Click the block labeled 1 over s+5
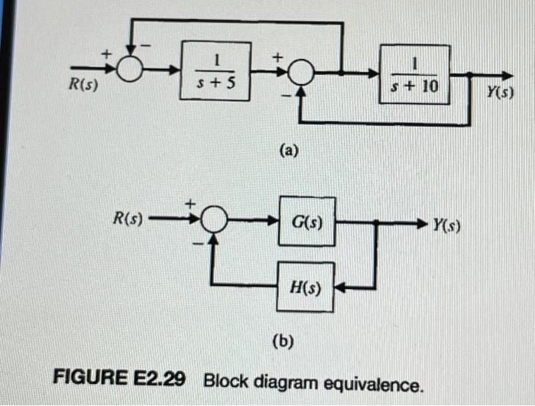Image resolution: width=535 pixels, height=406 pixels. click(x=216, y=71)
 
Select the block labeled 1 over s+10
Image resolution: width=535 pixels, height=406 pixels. click(x=415, y=75)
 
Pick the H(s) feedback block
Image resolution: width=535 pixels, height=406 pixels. click(x=306, y=289)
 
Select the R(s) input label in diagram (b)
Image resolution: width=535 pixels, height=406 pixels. click(x=128, y=219)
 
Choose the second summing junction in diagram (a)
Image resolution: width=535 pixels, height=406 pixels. click(x=302, y=73)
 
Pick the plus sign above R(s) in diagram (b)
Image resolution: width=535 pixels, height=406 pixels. click(x=191, y=202)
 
